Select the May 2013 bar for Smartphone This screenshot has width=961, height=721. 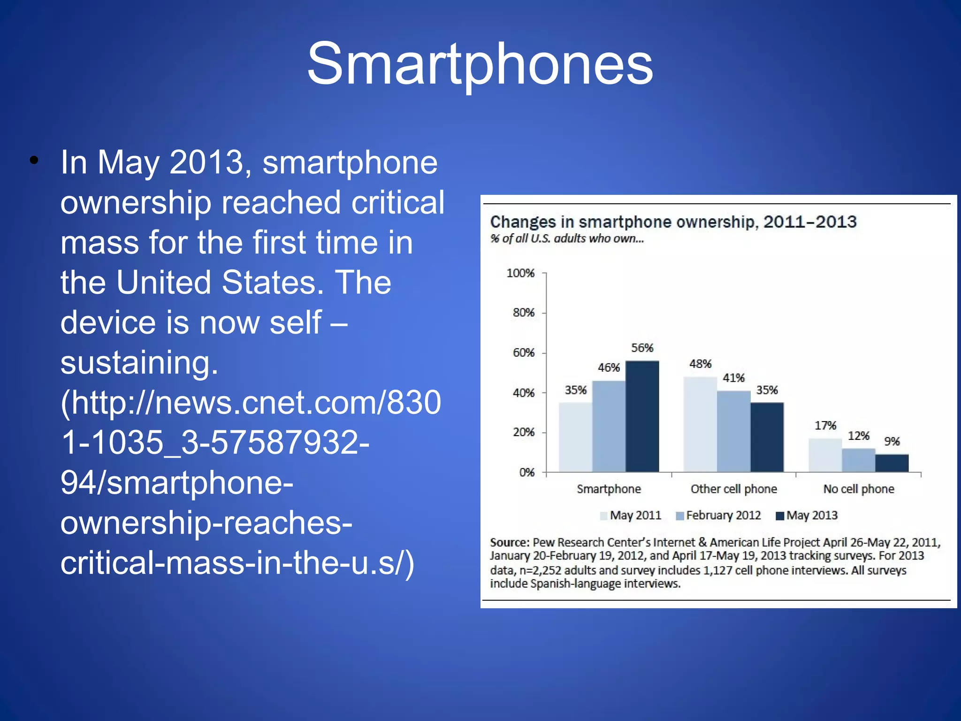pyautogui.click(x=642, y=416)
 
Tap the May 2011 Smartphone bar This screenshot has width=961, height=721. pyautogui.click(x=575, y=437)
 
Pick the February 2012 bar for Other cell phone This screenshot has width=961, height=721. pyautogui.click(x=733, y=431)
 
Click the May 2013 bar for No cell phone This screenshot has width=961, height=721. pyautogui.click(x=892, y=463)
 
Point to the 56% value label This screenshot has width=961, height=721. pyautogui.click(x=642, y=348)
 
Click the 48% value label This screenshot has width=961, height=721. pyautogui.click(x=700, y=364)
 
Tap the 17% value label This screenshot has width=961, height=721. pyautogui.click(x=825, y=425)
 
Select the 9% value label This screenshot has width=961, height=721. pyautogui.click(x=892, y=441)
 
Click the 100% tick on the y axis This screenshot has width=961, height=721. pyautogui.click(x=520, y=273)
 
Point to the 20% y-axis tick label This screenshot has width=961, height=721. pyautogui.click(x=524, y=432)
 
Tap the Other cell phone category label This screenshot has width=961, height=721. pyautogui.click(x=733, y=489)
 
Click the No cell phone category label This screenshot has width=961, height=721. pyautogui.click(x=858, y=489)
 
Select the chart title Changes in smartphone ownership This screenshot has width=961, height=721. pyautogui.click(x=673, y=222)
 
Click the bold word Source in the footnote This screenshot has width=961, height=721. pyautogui.click(x=509, y=543)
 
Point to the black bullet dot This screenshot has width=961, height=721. pyautogui.click(x=34, y=161)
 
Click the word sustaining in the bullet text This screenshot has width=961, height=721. pyautogui.click(x=139, y=363)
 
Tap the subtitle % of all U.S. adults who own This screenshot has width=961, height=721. pyautogui.click(x=567, y=238)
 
